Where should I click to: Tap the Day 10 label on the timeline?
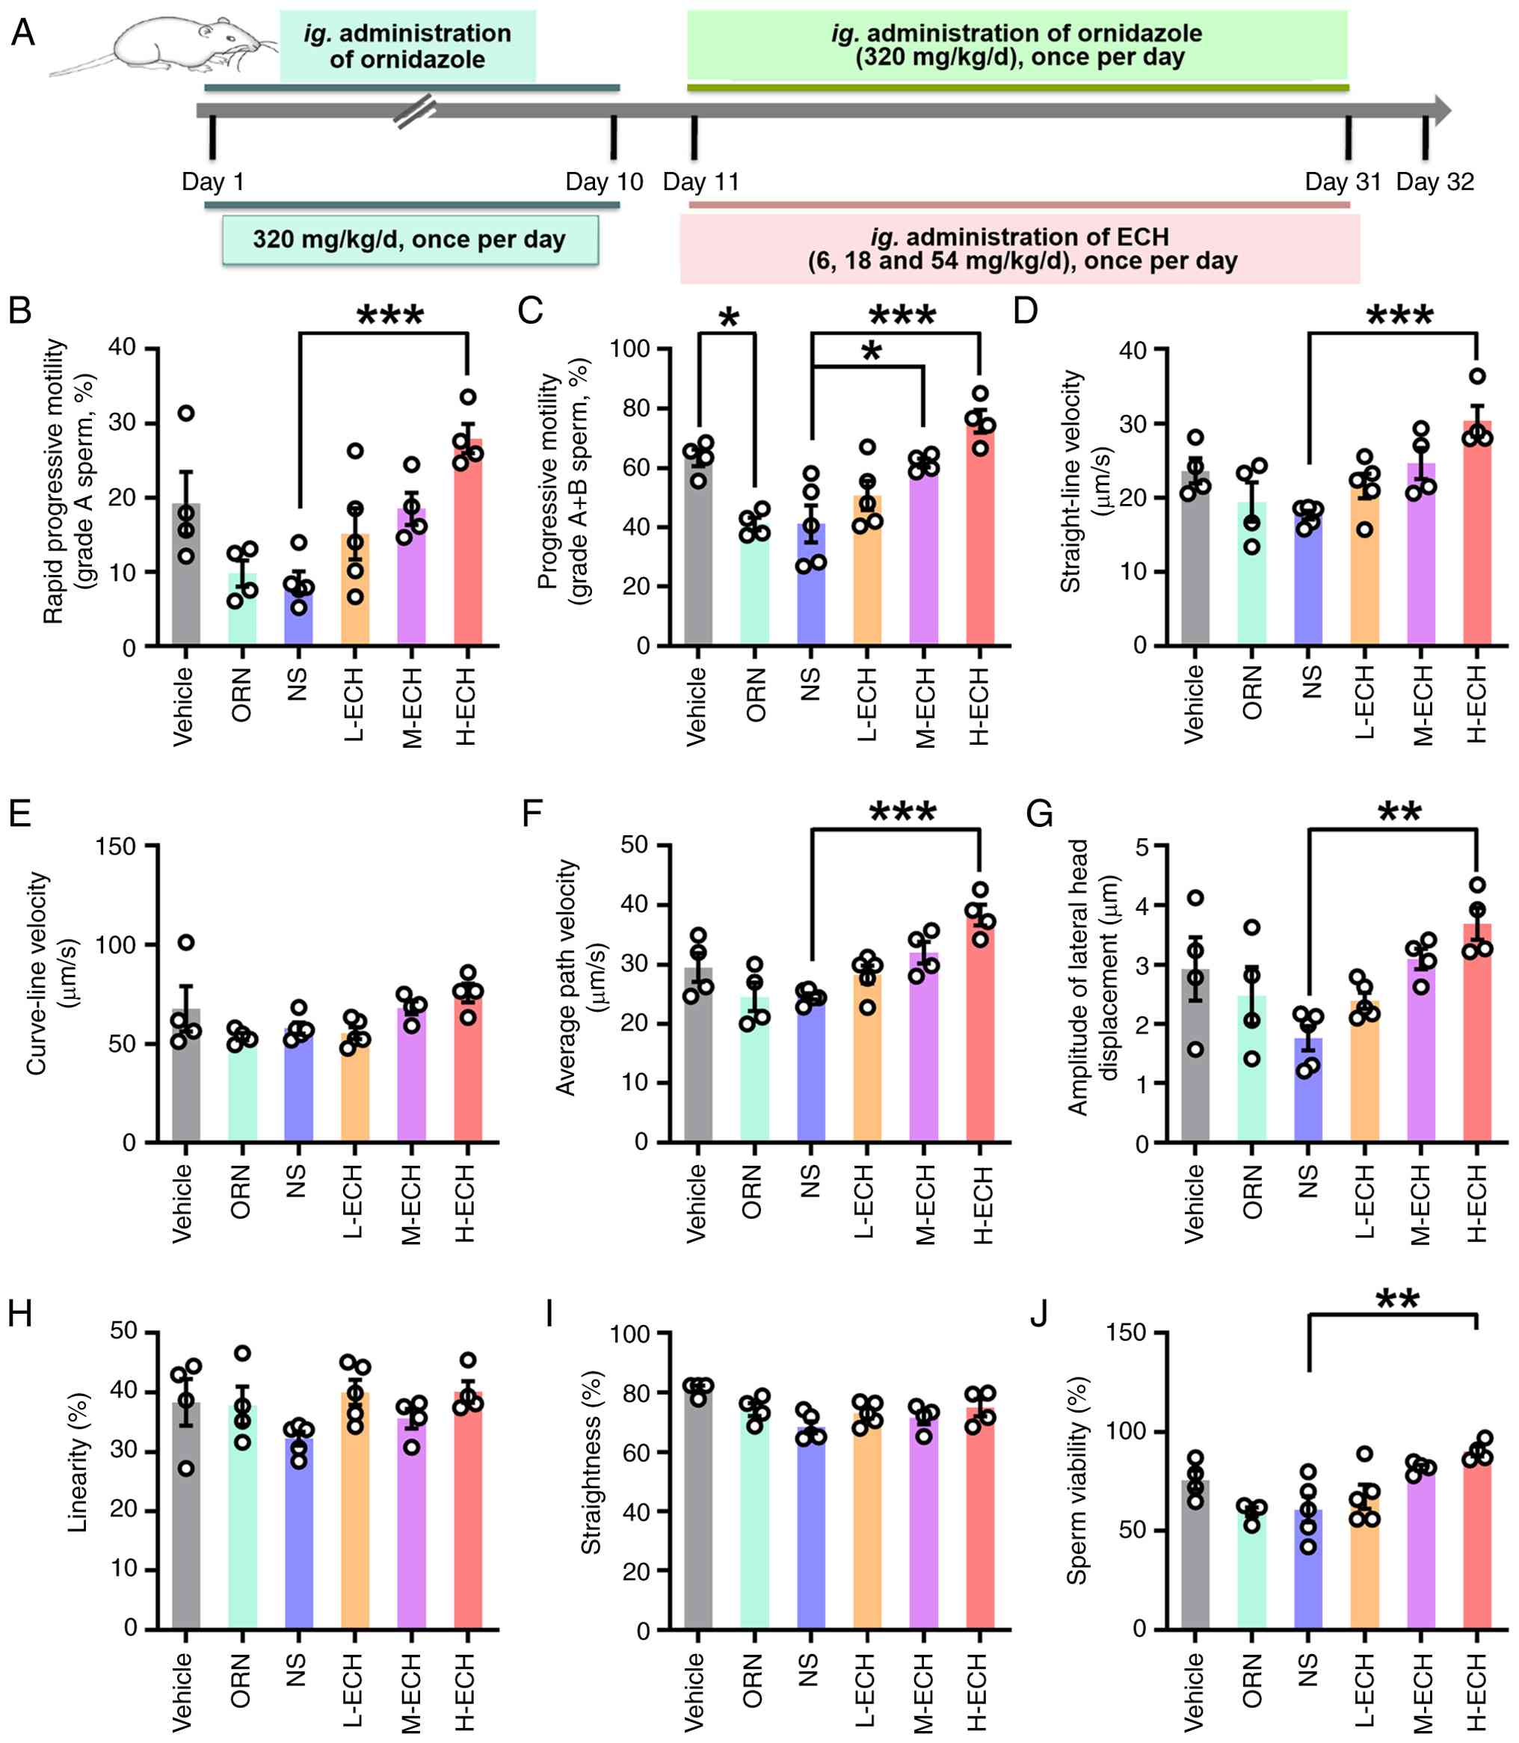603,182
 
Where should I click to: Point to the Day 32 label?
1435,182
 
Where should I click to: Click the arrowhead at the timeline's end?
1441,110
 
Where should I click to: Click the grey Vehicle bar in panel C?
698,551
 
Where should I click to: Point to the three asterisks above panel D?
1399,316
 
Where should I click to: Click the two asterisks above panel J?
1398,1299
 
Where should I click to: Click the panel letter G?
1038,814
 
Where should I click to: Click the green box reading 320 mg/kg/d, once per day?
410,239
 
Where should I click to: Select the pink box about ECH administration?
1020,248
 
